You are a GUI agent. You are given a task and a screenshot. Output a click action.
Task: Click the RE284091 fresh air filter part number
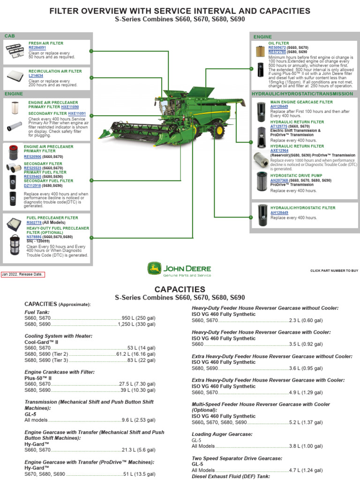(37, 48)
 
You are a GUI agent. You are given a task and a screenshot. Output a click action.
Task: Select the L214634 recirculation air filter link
(36, 75)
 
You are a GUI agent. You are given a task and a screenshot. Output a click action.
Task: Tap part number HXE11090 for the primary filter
(70, 107)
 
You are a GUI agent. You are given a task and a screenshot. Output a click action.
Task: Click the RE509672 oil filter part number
(277, 48)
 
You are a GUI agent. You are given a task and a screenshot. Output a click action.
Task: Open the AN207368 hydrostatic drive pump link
(279, 180)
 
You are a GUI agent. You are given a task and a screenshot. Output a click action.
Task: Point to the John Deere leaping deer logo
(153, 269)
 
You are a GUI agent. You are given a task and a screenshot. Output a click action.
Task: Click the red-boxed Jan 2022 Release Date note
(23, 274)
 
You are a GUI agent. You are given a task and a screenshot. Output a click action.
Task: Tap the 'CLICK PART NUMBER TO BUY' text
(334, 271)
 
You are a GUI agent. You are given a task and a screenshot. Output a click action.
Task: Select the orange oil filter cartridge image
(260, 51)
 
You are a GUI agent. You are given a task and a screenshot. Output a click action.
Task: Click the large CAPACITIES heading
(180, 289)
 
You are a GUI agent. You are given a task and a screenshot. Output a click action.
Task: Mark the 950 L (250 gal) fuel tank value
(138, 318)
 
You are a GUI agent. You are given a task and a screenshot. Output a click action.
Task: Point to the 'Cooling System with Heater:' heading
(59, 336)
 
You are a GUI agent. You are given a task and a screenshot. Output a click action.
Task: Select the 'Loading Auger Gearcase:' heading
(222, 435)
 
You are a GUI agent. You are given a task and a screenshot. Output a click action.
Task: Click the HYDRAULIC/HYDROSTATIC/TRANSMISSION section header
(302, 94)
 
